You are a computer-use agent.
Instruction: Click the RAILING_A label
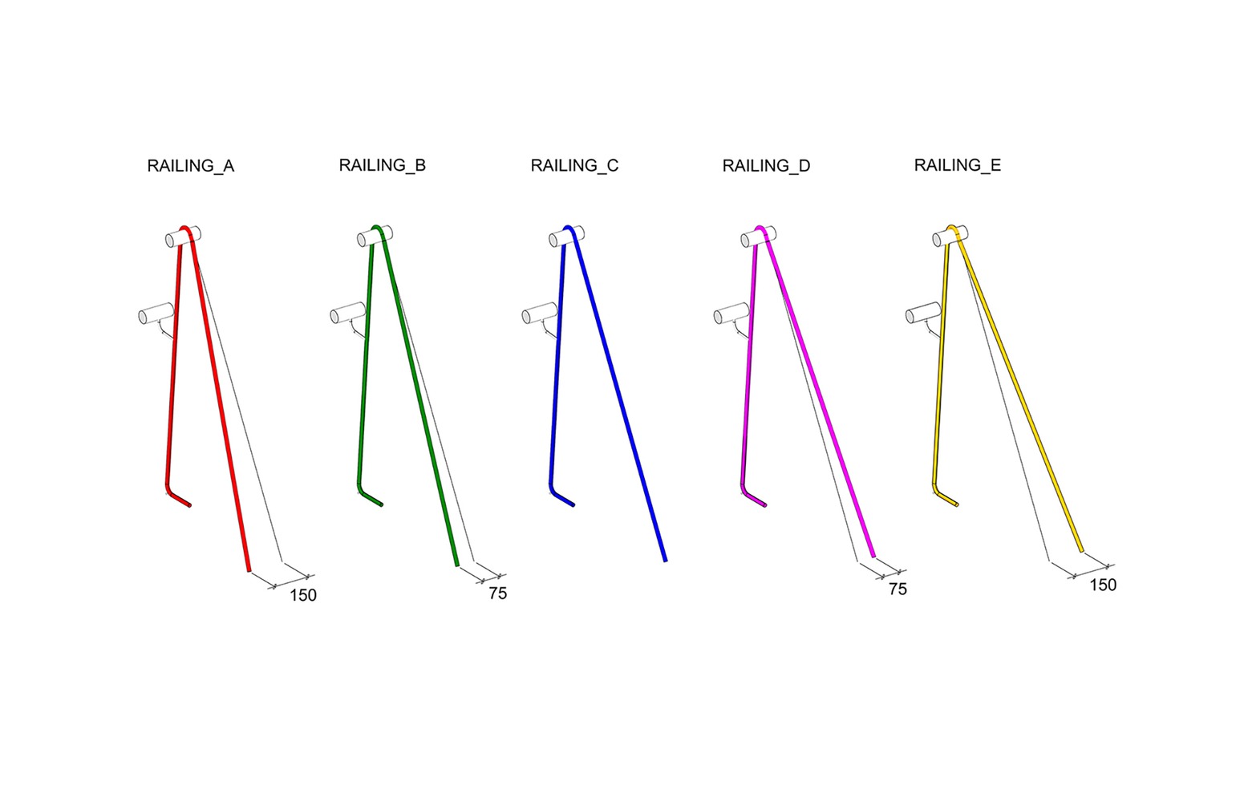point(190,166)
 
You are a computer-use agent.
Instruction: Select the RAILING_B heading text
point(382,165)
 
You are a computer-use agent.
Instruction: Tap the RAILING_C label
point(574,165)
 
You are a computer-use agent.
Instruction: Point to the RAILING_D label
point(766,166)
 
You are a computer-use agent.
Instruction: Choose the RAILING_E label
point(957,165)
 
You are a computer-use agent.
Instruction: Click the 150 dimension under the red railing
point(303,596)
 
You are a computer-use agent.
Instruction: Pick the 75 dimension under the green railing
point(497,594)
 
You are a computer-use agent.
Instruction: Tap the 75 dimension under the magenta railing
point(898,589)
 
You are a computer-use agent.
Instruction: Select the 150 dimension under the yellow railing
point(1103,585)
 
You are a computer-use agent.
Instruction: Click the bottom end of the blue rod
point(666,561)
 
